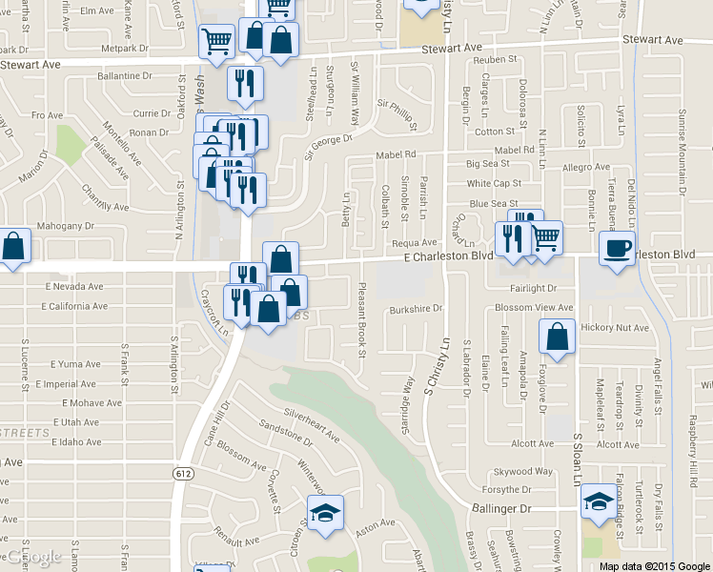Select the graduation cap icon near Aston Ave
click(325, 512)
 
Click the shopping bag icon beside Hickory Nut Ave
click(557, 337)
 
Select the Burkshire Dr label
click(417, 309)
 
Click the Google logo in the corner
click(34, 557)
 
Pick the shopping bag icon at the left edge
click(13, 247)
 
